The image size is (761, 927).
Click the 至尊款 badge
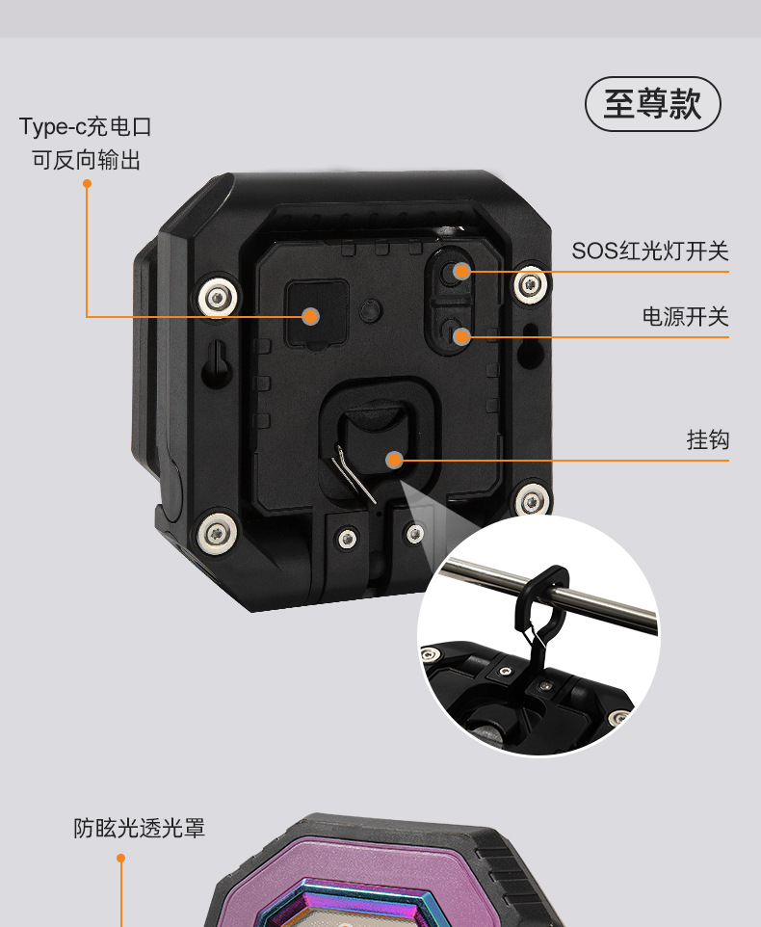tap(653, 104)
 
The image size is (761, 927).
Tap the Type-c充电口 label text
tap(86, 127)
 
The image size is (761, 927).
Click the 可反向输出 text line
tap(86, 160)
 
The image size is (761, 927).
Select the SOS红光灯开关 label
tap(650, 252)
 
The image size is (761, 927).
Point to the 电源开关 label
tap(685, 316)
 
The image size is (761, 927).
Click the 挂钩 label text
tap(707, 440)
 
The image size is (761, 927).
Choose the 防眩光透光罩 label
tap(139, 828)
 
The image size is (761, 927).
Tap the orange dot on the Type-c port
tap(310, 316)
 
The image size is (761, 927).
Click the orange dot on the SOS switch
tap(461, 271)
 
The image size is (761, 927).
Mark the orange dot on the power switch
tap(461, 335)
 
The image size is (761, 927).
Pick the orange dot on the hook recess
tap(394, 460)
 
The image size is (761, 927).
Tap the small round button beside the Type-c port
tap(369, 309)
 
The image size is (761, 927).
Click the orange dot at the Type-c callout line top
tap(87, 181)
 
